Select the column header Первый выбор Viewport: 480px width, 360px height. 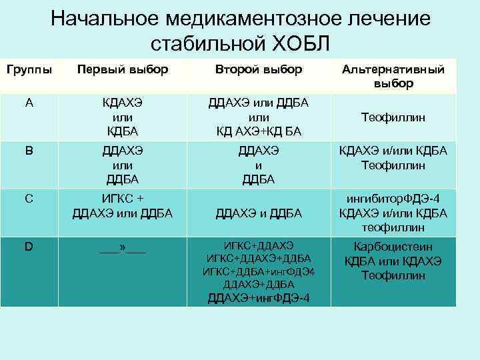click(x=122, y=69)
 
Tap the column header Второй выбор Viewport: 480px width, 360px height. click(x=259, y=69)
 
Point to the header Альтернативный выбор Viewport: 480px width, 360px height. click(x=393, y=77)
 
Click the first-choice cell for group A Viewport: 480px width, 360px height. click(x=122, y=117)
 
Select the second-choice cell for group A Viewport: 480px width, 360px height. click(x=259, y=117)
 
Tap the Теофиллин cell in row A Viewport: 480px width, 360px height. click(x=393, y=117)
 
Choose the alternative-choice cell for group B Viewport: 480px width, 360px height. click(x=393, y=158)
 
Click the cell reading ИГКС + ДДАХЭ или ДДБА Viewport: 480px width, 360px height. click(x=122, y=206)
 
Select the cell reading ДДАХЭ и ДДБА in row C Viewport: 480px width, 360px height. click(x=259, y=213)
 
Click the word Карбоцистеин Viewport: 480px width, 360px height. click(x=393, y=247)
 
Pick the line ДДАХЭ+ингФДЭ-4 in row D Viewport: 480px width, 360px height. click(x=259, y=297)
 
